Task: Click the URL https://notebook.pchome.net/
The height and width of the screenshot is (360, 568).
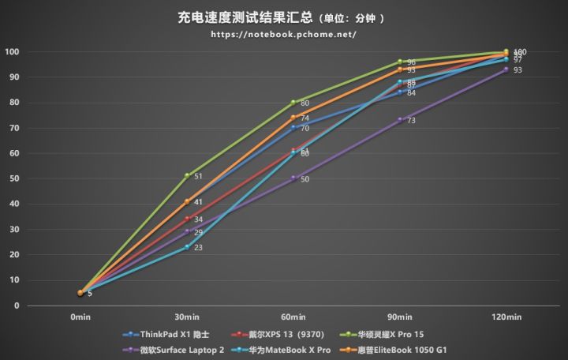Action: (x=284, y=35)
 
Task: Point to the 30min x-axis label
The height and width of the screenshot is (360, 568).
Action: (x=186, y=317)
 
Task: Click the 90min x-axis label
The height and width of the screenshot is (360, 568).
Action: (x=400, y=317)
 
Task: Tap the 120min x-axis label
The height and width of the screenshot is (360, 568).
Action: (x=506, y=317)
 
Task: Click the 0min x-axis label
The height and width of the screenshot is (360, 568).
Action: (x=80, y=317)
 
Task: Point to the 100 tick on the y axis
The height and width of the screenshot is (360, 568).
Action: (x=11, y=52)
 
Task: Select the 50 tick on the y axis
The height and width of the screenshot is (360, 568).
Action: (x=13, y=178)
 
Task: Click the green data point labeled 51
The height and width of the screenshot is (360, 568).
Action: (x=187, y=175)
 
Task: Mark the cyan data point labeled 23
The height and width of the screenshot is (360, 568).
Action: (x=187, y=246)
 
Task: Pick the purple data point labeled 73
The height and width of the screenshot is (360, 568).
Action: (x=400, y=119)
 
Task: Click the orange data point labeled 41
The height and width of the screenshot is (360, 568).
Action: (x=187, y=201)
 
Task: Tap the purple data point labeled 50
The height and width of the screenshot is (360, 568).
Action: (x=293, y=178)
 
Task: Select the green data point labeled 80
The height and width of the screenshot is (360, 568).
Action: (x=293, y=102)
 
